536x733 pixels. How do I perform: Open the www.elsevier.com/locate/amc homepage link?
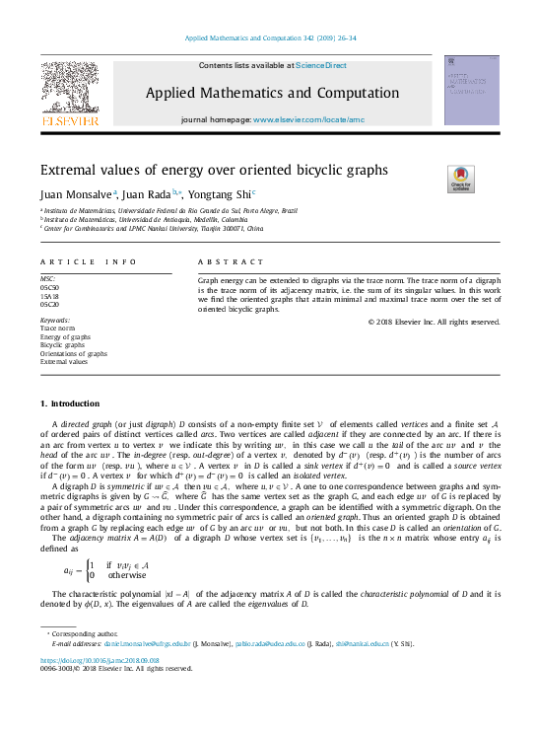308,119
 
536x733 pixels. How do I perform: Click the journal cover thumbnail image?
471,90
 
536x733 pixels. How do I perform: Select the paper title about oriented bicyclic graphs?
214,170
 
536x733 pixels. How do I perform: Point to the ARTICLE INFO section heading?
88,261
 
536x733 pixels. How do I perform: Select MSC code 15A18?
48,295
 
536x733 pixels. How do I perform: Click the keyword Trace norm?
57,329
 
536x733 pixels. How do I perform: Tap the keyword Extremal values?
64,362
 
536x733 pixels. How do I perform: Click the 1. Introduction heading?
69,403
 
